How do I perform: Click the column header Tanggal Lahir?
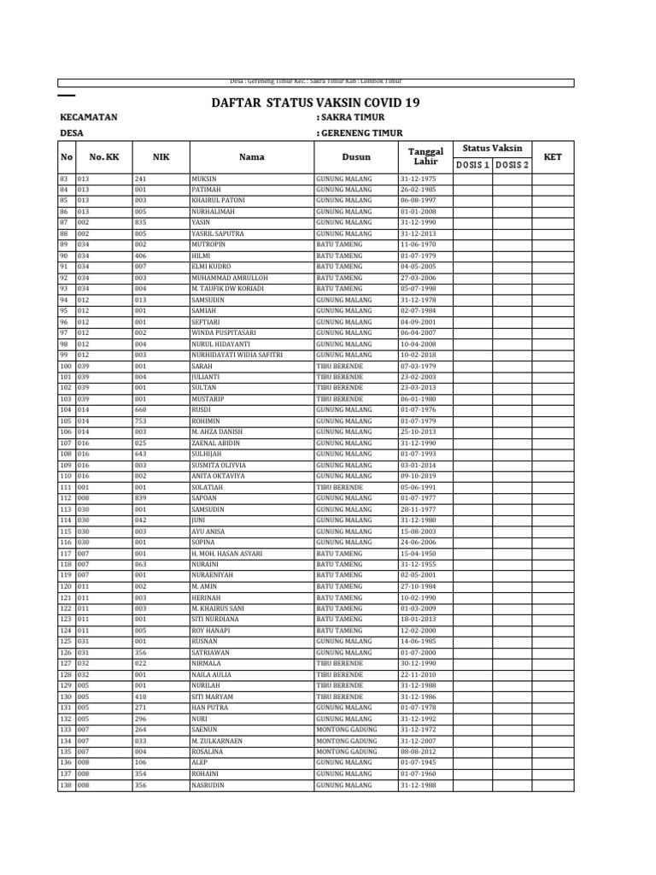425,156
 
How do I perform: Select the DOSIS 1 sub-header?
472,165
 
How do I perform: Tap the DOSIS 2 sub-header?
512,165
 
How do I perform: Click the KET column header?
553,156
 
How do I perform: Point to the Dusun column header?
356,156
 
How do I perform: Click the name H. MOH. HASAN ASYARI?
226,554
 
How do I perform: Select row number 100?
66,366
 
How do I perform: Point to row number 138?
66,784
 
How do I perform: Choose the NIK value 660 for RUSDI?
141,410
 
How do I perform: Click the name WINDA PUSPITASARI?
223,332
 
